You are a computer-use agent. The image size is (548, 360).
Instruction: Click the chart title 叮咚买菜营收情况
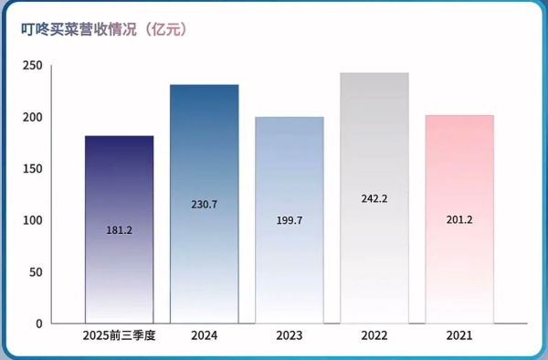point(80,30)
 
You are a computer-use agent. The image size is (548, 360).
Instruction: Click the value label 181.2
point(119,230)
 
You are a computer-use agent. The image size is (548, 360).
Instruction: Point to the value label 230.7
point(204,205)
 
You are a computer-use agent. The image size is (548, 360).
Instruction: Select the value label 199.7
point(289,220)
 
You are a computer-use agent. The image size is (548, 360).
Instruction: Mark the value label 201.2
point(458,219)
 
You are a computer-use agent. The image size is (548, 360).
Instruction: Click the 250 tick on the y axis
point(32,66)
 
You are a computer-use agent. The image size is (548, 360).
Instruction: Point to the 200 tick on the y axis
point(32,118)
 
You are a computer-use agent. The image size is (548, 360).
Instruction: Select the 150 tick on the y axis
point(32,169)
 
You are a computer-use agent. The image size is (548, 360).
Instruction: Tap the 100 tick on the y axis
point(32,220)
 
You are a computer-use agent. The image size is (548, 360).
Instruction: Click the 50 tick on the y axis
point(35,272)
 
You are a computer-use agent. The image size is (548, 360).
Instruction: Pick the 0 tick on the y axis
point(38,323)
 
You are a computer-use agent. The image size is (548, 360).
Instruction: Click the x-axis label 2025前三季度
point(119,336)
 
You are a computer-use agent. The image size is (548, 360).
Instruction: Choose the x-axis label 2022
point(374,336)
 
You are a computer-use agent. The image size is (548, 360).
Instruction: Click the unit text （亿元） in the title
point(166,30)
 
